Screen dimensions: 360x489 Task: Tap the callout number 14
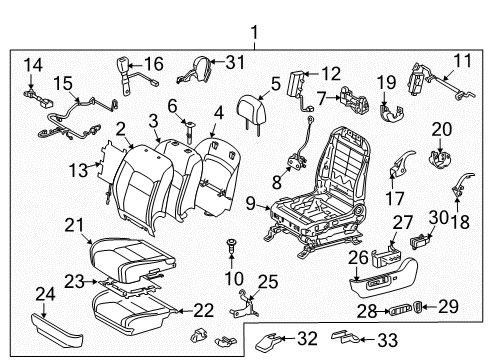[33, 67]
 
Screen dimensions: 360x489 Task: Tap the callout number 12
[330, 72]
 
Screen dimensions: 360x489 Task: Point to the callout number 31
[235, 62]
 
